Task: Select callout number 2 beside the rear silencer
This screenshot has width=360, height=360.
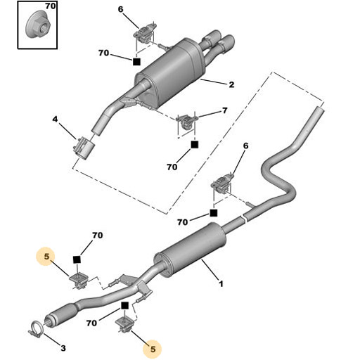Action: (x=231, y=85)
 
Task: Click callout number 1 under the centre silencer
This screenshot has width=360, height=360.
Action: (x=221, y=283)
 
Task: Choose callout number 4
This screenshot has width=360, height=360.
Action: (x=56, y=120)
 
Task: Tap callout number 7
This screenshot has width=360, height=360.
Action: (x=224, y=111)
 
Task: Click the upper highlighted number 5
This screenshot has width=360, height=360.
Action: (x=46, y=257)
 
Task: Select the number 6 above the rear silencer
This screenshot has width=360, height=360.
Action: (x=120, y=9)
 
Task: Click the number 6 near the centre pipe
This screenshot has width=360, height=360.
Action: (x=245, y=146)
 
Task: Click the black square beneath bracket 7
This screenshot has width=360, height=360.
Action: (x=195, y=143)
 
